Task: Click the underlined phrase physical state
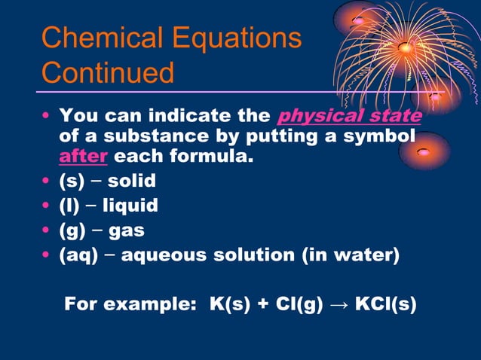coord(349,117)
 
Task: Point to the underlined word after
coord(83,158)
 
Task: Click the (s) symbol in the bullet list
coord(74,182)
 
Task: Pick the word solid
coord(132,182)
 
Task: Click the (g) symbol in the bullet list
coord(74,230)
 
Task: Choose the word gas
coord(127,230)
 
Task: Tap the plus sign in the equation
coord(260,304)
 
